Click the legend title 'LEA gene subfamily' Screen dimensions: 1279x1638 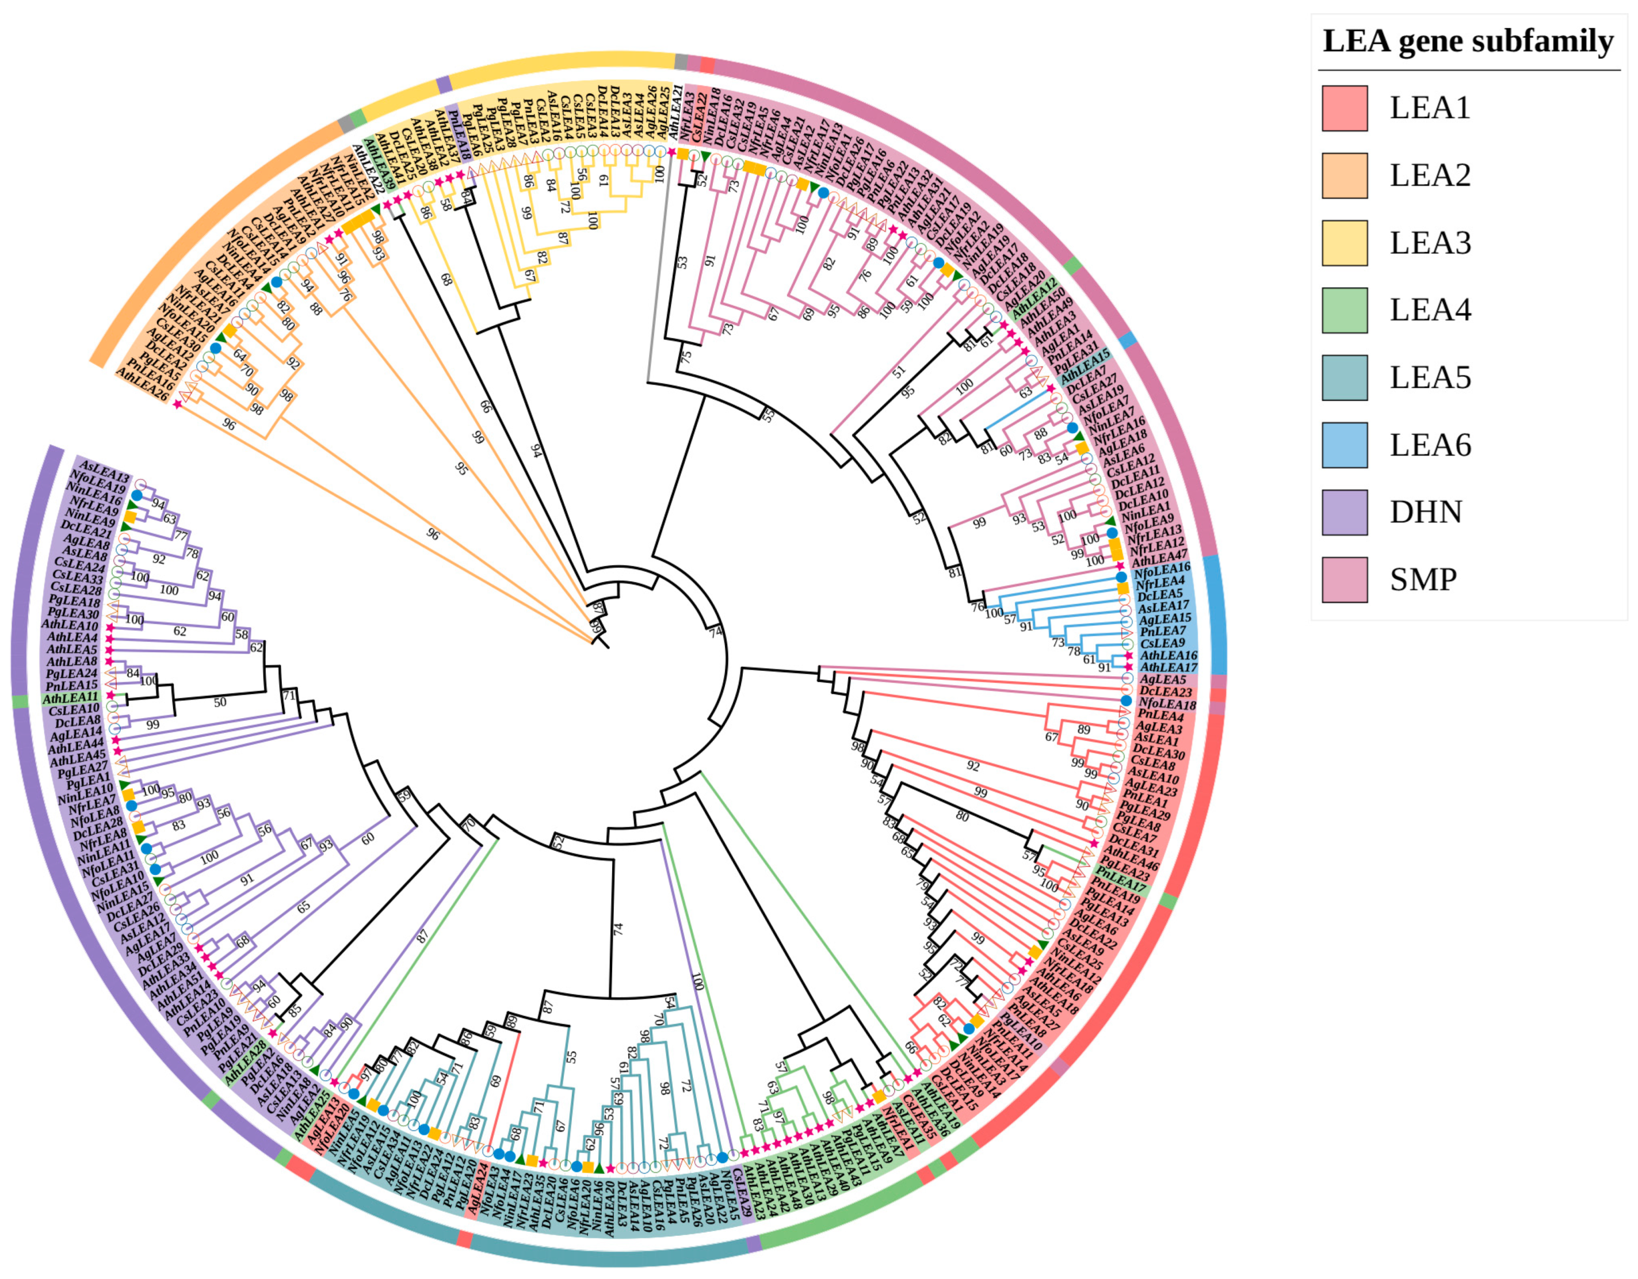1468,41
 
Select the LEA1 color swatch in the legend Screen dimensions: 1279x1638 1345,108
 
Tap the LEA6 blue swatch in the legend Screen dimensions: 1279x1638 1345,445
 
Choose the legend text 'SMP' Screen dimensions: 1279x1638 1423,580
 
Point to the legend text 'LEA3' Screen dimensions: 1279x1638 1430,243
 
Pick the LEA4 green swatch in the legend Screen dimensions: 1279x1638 1345,310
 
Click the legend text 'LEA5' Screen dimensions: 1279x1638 1430,377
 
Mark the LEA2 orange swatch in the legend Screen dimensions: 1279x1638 1345,175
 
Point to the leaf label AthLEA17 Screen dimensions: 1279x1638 1169,667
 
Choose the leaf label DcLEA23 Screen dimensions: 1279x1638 1166,692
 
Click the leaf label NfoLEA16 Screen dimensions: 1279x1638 1163,568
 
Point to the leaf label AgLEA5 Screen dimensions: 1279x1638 1163,679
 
